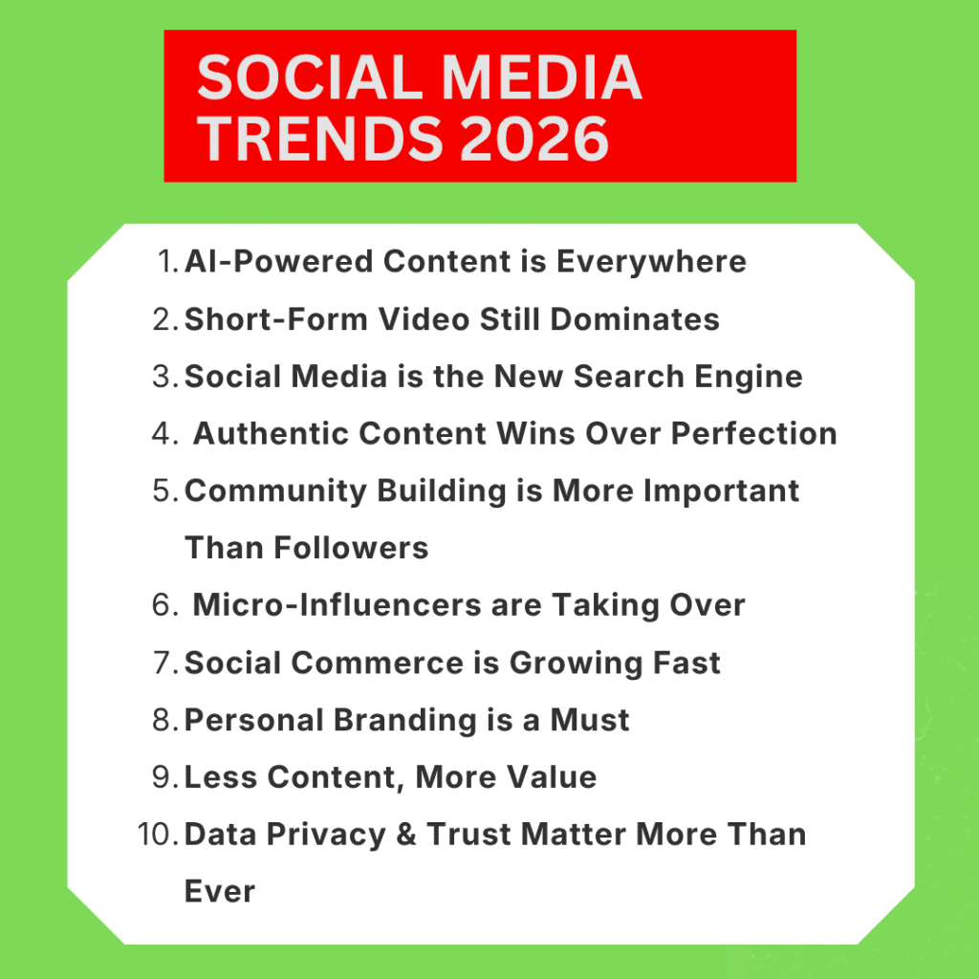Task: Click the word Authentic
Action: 271,434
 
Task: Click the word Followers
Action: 351,548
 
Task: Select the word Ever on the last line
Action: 219,892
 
